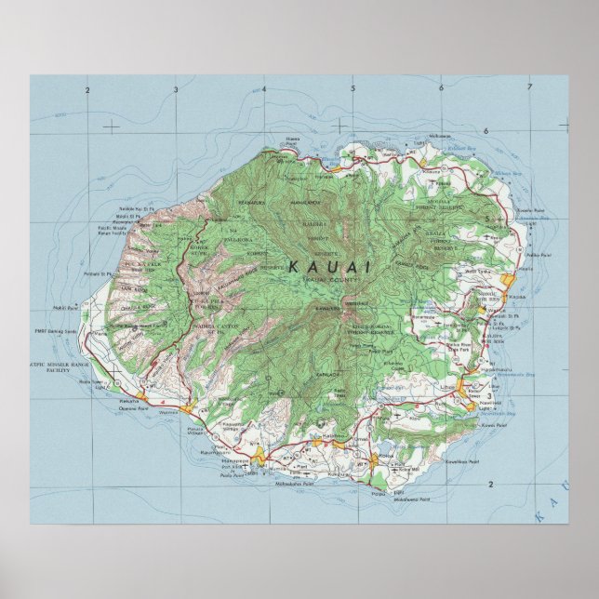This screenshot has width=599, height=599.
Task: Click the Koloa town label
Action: (x=382, y=455)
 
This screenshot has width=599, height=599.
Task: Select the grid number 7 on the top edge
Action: (x=528, y=89)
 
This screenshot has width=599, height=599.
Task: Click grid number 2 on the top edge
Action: (x=86, y=89)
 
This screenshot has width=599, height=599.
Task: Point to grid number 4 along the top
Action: (x=263, y=89)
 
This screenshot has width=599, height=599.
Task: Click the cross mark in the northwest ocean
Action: (x=112, y=124)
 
